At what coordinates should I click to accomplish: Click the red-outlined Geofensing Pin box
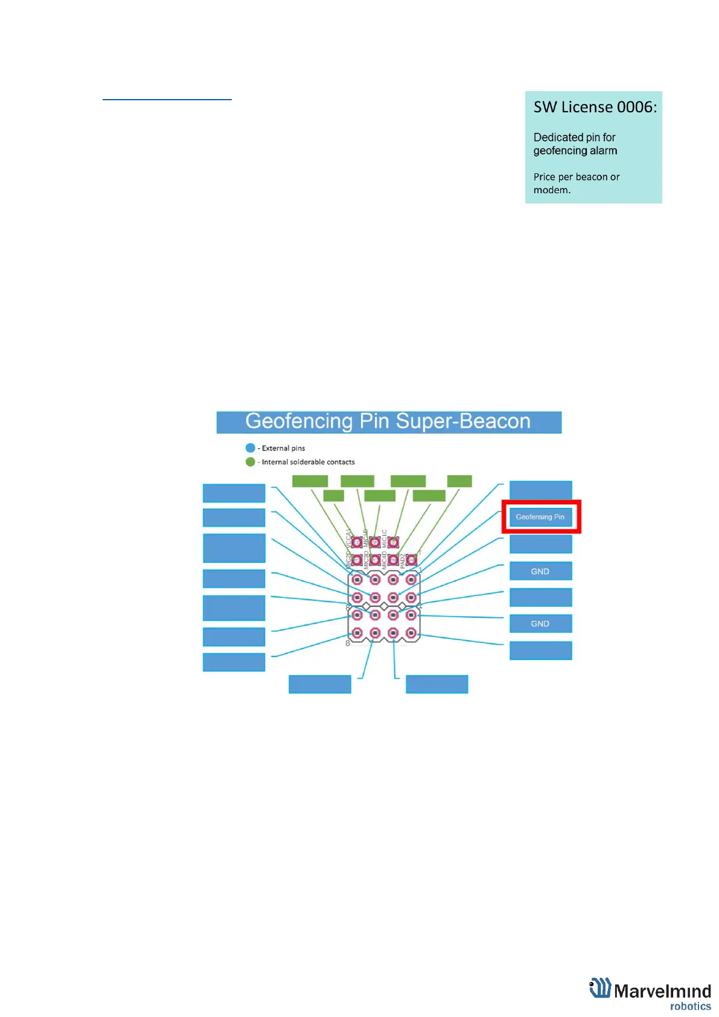[540, 517]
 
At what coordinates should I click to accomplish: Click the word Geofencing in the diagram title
[299, 421]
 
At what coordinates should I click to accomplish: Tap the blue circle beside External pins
[251, 448]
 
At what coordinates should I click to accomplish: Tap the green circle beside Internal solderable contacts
[251, 462]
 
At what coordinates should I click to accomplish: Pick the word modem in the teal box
[551, 190]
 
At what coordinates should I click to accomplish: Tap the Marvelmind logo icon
[600, 989]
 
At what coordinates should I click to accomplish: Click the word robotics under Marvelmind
[690, 1006]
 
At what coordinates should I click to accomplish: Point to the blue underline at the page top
[167, 99]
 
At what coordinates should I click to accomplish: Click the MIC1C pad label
[385, 538]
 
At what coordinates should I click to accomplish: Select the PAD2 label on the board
[403, 560]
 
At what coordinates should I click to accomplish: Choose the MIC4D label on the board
[385, 561]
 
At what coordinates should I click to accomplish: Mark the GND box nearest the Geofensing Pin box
[540, 571]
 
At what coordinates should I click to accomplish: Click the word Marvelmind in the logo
[662, 991]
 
